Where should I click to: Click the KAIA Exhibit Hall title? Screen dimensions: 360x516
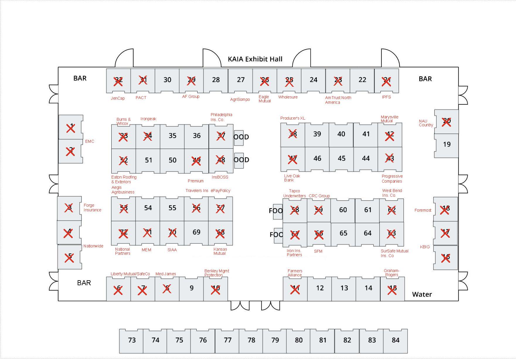(255, 59)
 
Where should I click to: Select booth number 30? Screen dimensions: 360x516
(167, 80)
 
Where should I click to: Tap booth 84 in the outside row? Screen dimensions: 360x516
(395, 340)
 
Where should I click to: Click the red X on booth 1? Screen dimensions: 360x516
(71, 128)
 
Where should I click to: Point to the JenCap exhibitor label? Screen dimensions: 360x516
(117, 98)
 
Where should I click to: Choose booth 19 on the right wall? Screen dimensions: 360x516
(447, 144)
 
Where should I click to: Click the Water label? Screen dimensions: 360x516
(422, 294)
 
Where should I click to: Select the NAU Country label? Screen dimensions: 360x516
(425, 123)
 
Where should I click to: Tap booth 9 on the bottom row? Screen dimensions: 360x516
(191, 288)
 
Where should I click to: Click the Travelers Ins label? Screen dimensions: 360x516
(197, 191)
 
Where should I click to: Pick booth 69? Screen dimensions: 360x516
(196, 232)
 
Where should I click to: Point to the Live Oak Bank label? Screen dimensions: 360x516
(292, 178)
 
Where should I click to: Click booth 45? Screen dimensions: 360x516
(341, 158)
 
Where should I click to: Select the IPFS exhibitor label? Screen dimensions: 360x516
(386, 97)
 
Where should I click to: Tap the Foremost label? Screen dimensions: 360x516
(423, 210)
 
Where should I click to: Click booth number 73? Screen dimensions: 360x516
(132, 340)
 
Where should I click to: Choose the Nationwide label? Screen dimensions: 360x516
(93, 246)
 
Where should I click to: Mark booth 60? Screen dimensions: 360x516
(343, 210)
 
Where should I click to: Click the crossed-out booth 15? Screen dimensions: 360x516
(392, 290)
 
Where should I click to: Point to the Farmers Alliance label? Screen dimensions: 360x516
(294, 273)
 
